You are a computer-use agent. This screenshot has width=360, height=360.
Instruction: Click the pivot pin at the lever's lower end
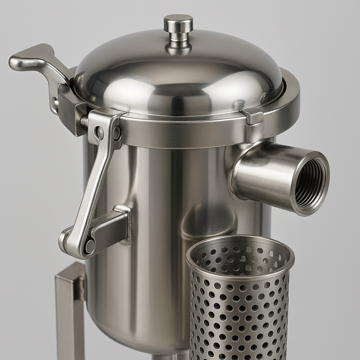coord(89,244)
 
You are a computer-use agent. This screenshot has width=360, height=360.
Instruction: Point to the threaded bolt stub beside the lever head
coord(84,121)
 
